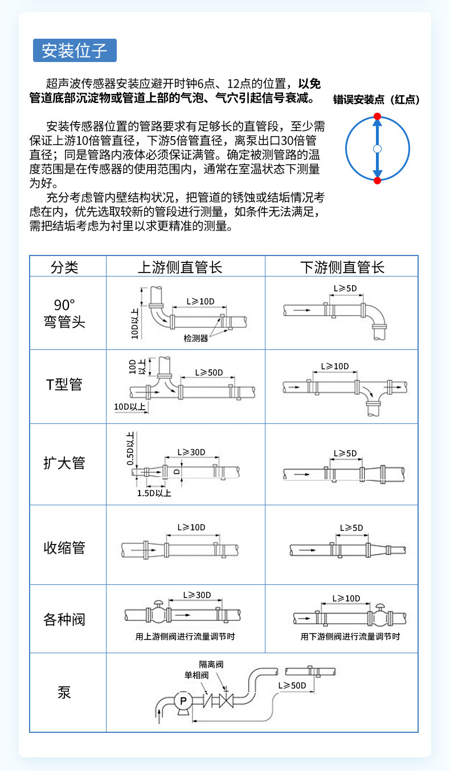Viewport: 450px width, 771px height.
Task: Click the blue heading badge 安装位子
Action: (75, 51)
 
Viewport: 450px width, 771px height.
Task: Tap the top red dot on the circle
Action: (377, 116)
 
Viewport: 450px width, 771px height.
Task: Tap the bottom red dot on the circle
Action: (377, 180)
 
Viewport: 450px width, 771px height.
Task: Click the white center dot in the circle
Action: (377, 149)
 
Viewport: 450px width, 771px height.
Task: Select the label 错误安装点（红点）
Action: (376, 100)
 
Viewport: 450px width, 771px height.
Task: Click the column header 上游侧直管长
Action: (185, 267)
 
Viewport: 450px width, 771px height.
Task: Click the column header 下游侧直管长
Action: (342, 267)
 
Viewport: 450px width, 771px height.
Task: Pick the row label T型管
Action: (64, 385)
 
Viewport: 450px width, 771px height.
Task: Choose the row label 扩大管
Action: (64, 463)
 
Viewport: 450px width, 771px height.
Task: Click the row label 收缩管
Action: (64, 548)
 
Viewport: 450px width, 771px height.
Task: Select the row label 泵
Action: (64, 692)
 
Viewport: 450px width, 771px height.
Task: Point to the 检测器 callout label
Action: (195, 339)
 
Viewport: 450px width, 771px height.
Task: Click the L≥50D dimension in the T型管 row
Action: (208, 373)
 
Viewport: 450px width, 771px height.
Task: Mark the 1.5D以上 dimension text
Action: (154, 493)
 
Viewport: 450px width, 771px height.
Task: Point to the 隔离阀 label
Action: (210, 664)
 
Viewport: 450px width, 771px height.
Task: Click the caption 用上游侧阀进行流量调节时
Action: (185, 637)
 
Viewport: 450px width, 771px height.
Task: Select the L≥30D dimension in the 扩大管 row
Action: (191, 452)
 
